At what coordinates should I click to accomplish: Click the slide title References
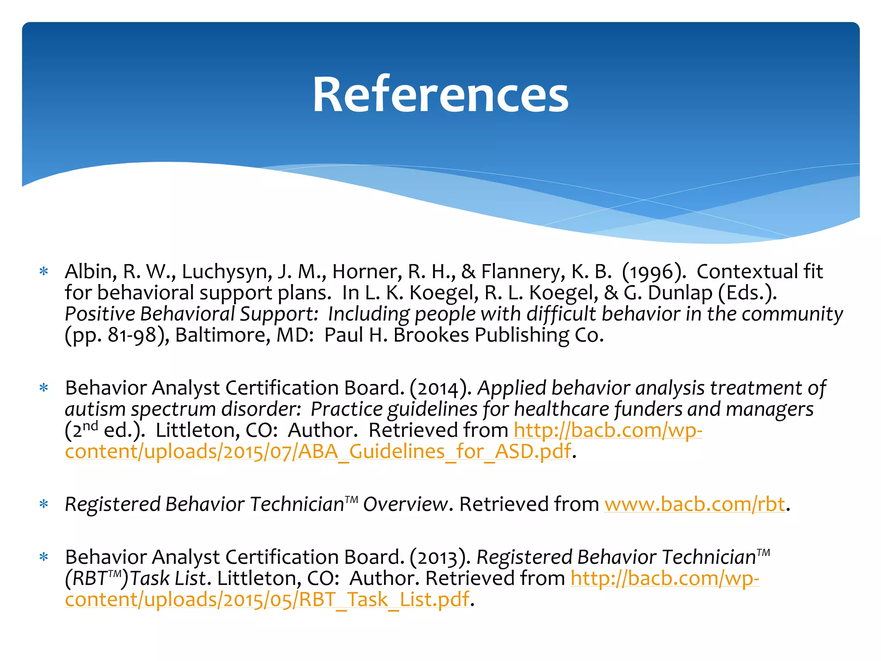click(440, 95)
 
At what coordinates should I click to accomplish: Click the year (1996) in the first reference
click(653, 272)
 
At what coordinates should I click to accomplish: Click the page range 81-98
click(132, 335)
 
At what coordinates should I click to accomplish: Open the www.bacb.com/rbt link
click(695, 504)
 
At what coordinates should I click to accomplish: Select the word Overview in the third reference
click(405, 504)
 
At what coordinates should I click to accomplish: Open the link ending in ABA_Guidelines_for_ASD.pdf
click(318, 452)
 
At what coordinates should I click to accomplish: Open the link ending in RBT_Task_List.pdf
click(267, 600)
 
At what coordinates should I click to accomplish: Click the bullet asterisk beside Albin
click(43, 272)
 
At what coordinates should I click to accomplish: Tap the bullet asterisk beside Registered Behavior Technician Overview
click(43, 504)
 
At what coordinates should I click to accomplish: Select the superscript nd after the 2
click(90, 426)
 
